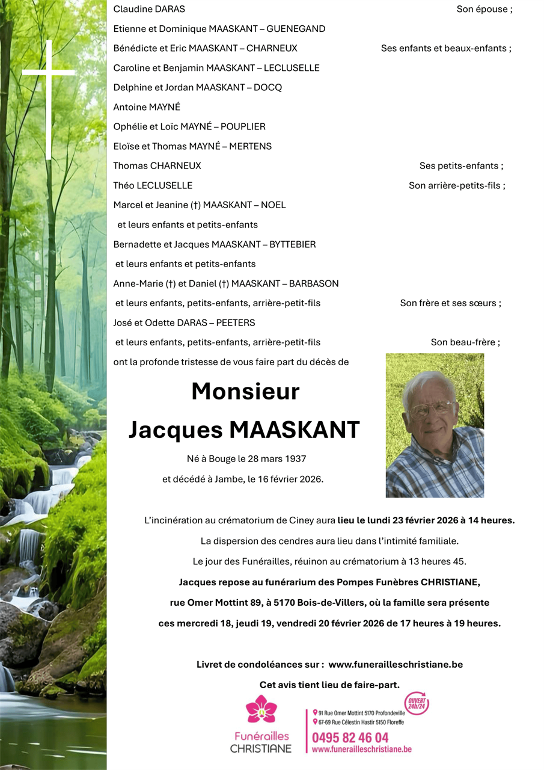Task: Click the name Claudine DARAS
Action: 149,9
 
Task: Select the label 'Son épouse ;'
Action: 484,9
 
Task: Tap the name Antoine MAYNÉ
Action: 147,107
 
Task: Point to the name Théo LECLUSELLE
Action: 153,185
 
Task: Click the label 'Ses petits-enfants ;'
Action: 461,165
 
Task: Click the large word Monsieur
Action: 245,392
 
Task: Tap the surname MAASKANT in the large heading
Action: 295,430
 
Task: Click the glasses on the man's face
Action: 431,410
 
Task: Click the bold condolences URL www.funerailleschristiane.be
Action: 396,665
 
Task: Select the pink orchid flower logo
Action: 261,709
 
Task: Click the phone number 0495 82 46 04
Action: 350,738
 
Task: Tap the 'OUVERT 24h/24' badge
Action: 416,703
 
